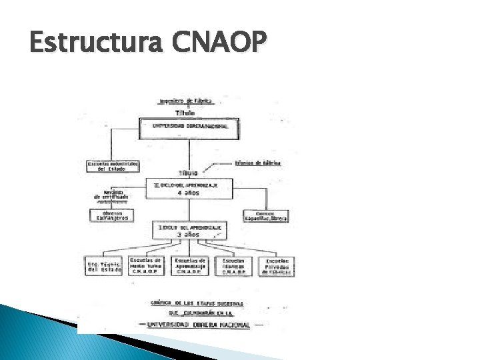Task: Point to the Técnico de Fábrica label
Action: [x=258, y=162]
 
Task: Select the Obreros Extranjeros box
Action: [x=111, y=215]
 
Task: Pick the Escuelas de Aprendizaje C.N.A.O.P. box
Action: [x=189, y=266]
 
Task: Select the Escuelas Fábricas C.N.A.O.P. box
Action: [x=233, y=266]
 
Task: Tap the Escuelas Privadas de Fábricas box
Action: [x=277, y=266]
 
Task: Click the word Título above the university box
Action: [x=185, y=113]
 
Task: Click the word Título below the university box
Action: [x=185, y=173]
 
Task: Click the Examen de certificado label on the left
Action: [x=111, y=195]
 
